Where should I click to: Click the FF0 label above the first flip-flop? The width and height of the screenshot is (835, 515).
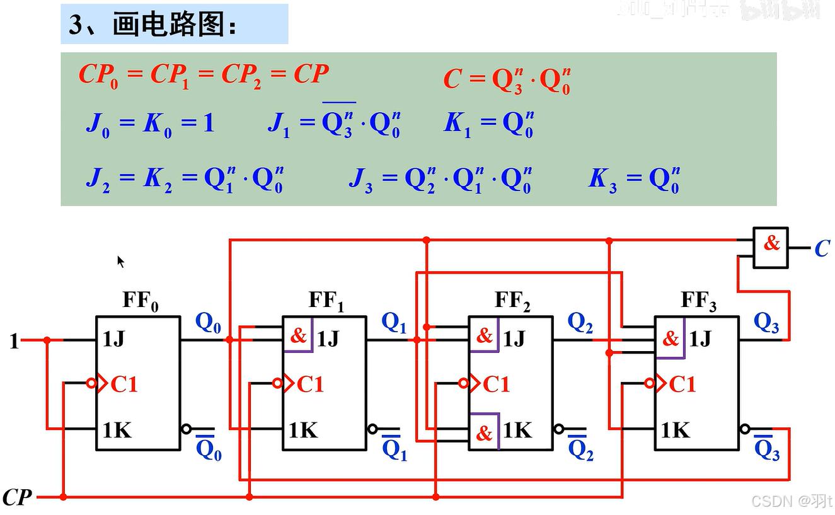(x=141, y=301)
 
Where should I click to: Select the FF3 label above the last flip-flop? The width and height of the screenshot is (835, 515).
(x=699, y=301)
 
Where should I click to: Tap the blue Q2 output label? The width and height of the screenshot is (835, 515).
(x=580, y=323)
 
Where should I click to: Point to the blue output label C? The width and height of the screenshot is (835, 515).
(x=822, y=249)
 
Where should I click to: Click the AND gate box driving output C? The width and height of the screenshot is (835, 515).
(x=771, y=248)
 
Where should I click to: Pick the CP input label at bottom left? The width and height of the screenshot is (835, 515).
(x=17, y=497)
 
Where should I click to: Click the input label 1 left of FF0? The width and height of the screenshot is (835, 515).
(x=14, y=342)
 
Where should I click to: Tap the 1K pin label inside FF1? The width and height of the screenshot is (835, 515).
(x=304, y=431)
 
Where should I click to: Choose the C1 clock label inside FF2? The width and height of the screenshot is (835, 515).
(x=496, y=384)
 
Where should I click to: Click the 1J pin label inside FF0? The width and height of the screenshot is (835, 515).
(x=115, y=340)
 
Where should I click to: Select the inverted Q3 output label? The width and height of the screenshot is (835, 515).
(x=766, y=449)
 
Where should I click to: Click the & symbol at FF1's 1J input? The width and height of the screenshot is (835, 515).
(x=298, y=335)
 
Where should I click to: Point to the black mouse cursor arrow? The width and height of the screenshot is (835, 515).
(x=121, y=261)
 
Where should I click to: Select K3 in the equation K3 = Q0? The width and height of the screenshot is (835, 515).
(x=602, y=179)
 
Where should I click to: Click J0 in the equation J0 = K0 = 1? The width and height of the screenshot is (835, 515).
(x=97, y=124)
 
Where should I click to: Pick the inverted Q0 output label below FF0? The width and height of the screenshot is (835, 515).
(x=209, y=449)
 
